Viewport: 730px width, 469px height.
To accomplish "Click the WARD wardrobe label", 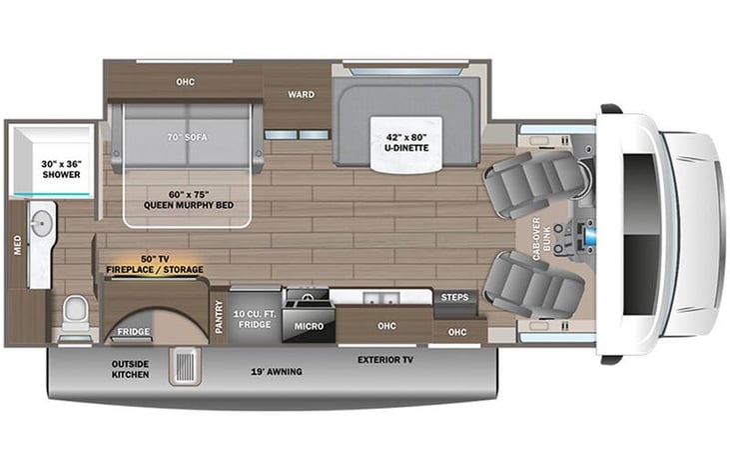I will (x=301, y=95).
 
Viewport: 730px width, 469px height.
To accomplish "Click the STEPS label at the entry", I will (x=454, y=297).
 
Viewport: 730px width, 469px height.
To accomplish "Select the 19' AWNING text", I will (x=277, y=372).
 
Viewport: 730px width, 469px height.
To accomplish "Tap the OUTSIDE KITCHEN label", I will (x=130, y=369).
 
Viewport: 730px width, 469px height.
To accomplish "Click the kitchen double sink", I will (x=375, y=299).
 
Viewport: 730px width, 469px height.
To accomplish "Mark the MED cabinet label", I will (x=17, y=245).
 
